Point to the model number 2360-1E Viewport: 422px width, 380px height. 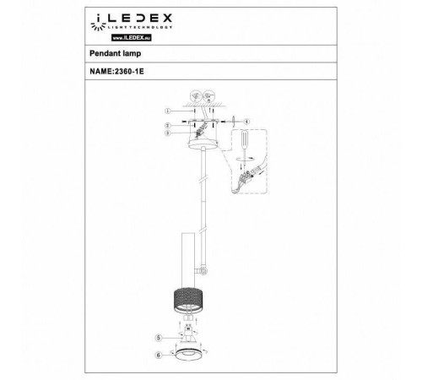click(x=127, y=73)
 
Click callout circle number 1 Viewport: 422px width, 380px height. click(x=168, y=111)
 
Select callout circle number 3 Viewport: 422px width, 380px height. click(x=168, y=133)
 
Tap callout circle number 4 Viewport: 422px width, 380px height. click(x=246, y=121)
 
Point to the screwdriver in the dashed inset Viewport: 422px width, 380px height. click(x=244, y=142)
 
